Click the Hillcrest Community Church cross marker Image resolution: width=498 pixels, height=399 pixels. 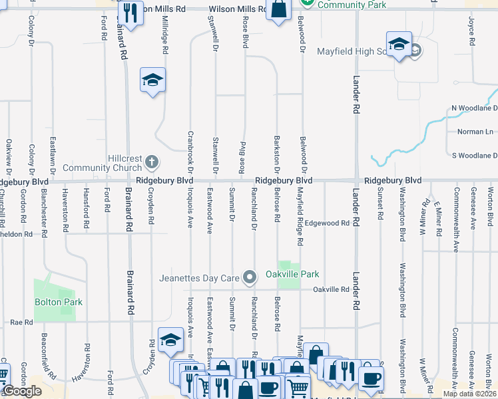(x=152, y=162)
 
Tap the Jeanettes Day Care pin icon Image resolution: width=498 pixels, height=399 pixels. (x=250, y=277)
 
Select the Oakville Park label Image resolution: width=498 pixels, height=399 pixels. (x=292, y=274)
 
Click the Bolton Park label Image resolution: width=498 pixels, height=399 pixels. (x=59, y=302)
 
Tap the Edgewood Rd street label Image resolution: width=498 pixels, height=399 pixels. (x=327, y=223)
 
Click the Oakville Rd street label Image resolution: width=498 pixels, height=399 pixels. (x=331, y=289)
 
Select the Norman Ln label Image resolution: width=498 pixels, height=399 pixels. (x=475, y=132)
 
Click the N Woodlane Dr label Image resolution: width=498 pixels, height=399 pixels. (x=474, y=108)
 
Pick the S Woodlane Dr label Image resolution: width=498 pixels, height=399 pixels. (x=474, y=156)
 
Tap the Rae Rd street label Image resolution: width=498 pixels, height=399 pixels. (x=21, y=322)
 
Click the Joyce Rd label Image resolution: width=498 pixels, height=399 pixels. (x=471, y=32)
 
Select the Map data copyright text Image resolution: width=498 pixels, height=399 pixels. (x=470, y=394)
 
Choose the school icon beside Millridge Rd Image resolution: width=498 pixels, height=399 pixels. (x=152, y=80)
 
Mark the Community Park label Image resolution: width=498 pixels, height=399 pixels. (x=342, y=5)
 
